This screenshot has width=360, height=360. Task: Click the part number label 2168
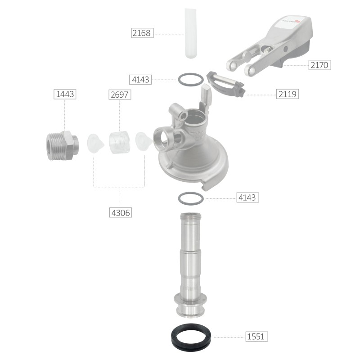142,33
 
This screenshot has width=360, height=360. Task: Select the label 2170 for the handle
319,65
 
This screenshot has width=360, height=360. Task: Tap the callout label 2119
288,94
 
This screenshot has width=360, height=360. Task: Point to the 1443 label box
65,94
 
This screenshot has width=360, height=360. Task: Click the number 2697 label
120,94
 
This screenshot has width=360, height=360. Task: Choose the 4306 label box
121,212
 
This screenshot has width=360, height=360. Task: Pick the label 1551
256,337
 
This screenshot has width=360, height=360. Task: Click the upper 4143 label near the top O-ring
140,80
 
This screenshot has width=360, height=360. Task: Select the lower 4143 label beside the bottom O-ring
248,198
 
